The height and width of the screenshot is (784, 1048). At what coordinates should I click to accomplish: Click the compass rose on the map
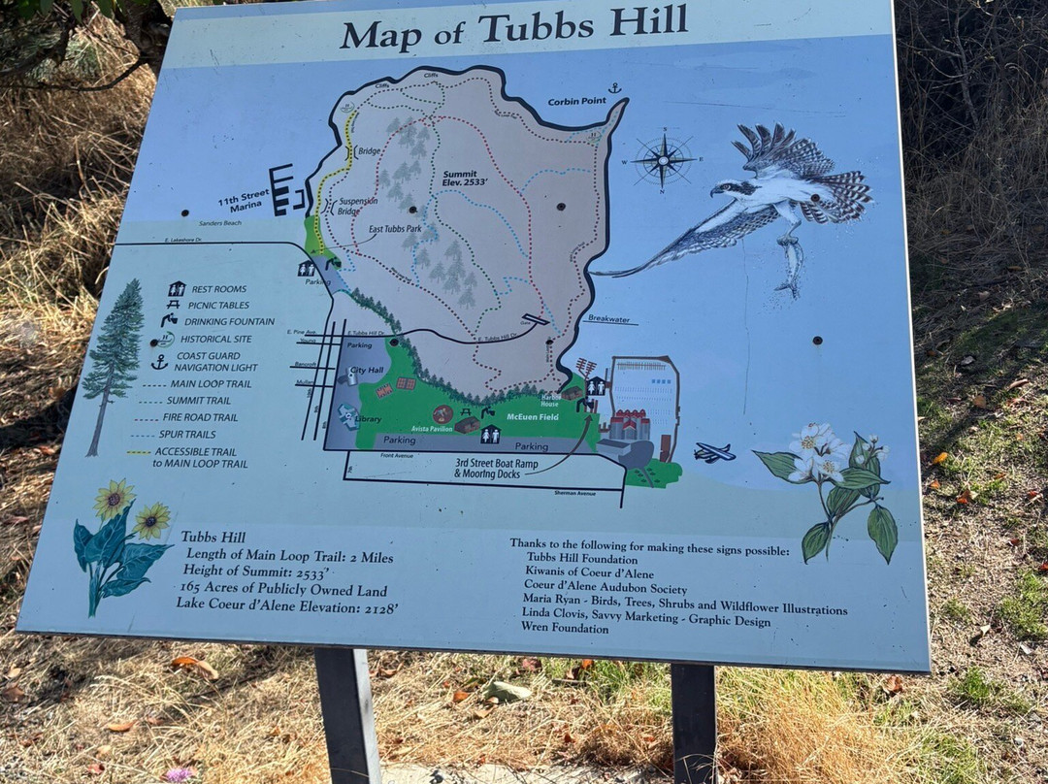[664, 160]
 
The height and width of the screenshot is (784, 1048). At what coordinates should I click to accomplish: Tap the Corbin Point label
[576, 101]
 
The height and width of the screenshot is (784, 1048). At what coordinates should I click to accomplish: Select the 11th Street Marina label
[241, 205]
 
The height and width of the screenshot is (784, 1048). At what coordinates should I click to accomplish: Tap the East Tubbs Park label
[395, 231]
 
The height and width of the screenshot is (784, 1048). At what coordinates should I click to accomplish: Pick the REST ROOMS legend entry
[218, 289]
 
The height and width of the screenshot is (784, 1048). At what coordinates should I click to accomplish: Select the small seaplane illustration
[714, 453]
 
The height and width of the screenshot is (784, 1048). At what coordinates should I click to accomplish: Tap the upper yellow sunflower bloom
[115, 499]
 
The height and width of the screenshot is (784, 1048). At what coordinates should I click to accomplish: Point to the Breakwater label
[609, 318]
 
